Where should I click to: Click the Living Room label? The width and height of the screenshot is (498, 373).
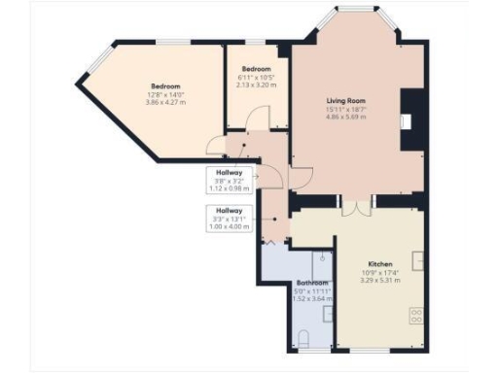pyautogui.click(x=344, y=99)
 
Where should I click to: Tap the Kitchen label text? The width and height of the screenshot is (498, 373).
pyautogui.click(x=379, y=264)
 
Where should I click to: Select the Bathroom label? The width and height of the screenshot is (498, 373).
pyautogui.click(x=310, y=284)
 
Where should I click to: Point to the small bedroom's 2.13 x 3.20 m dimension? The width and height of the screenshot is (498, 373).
pyautogui.click(x=256, y=85)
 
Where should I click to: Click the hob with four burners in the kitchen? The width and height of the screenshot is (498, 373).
pyautogui.click(x=416, y=316)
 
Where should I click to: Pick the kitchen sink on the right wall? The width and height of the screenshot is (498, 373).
pyautogui.click(x=417, y=259)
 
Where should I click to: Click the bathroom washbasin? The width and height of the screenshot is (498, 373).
pyautogui.click(x=328, y=313)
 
